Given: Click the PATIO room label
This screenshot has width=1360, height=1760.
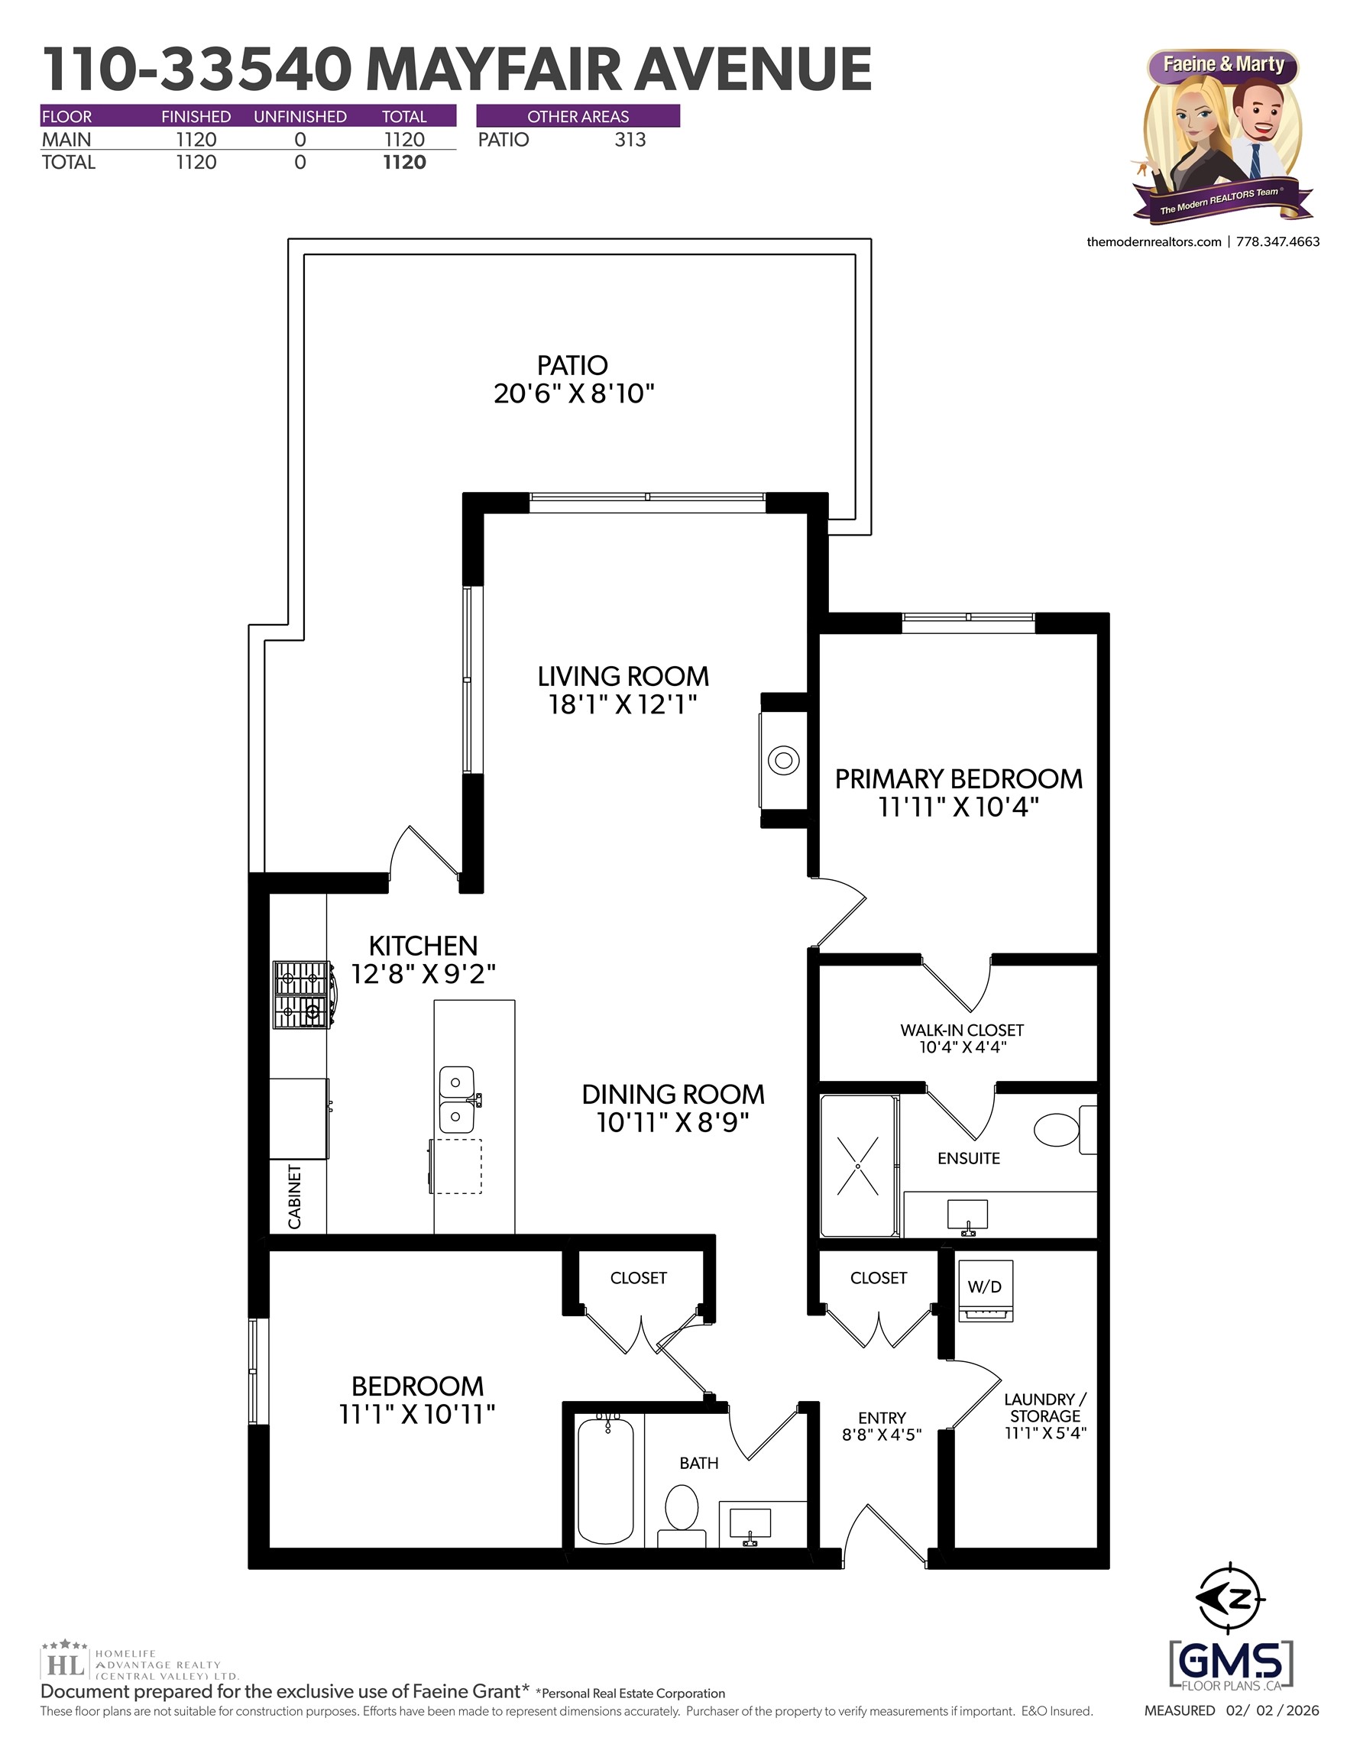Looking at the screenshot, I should click(x=572, y=365).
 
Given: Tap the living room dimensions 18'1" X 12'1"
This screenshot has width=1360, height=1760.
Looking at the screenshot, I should click(x=623, y=704).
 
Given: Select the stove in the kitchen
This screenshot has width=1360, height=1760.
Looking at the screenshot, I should click(x=303, y=995).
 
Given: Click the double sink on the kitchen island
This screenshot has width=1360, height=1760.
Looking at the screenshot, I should click(x=456, y=1099).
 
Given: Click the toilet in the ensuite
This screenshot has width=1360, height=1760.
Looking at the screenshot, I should click(x=1057, y=1130).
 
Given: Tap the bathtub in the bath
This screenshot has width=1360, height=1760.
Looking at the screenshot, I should click(x=605, y=1481).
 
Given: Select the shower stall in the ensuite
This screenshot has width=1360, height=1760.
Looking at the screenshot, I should click(x=858, y=1165).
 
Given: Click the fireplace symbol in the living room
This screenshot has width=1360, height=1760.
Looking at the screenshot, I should click(x=784, y=760).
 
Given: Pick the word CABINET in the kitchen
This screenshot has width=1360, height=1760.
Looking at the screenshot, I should click(x=295, y=1196).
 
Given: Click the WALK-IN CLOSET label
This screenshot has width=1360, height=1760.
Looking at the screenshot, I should click(x=962, y=1030).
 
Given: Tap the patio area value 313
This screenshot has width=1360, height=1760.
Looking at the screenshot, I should click(x=630, y=140).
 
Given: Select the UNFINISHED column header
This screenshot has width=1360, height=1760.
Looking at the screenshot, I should click(x=300, y=117).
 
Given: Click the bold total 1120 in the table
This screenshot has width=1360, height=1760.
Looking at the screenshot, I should click(x=404, y=162).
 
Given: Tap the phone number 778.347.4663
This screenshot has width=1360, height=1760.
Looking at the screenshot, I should click(x=1277, y=241).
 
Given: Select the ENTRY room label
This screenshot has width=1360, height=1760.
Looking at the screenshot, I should click(x=882, y=1418).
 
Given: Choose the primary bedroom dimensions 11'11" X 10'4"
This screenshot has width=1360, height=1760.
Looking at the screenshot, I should click(x=959, y=807).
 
